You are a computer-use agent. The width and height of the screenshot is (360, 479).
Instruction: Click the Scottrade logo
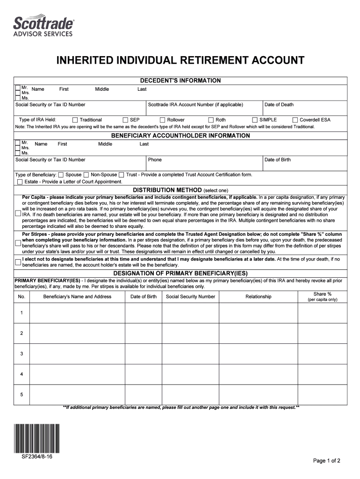[43, 26]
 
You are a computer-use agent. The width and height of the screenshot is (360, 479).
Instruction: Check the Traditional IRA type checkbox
[75, 120]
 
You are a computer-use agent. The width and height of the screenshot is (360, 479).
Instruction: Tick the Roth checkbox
[211, 120]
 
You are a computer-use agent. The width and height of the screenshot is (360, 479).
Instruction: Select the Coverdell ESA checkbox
[295, 120]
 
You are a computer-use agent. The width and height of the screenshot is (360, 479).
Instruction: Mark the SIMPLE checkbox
[255, 120]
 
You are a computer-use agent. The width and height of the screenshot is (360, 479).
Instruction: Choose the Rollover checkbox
[163, 120]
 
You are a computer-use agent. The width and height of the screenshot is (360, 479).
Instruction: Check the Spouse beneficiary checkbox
[61, 175]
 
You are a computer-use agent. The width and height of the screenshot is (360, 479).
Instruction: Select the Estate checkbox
[20, 182]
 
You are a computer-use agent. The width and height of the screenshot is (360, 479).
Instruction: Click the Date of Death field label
[279, 105]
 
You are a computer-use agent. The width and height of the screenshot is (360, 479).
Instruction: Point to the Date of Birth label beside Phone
[277, 160]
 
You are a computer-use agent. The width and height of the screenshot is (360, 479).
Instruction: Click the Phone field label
[155, 160]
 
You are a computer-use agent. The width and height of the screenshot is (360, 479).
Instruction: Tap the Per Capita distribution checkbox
[18, 214]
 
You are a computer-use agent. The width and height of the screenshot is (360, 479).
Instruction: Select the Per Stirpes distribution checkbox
[18, 243]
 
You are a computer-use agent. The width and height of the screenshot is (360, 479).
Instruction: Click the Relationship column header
[258, 297]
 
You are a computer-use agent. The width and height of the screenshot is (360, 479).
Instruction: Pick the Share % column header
[322, 294]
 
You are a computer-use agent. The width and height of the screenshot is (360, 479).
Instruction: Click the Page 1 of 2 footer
[326, 461]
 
